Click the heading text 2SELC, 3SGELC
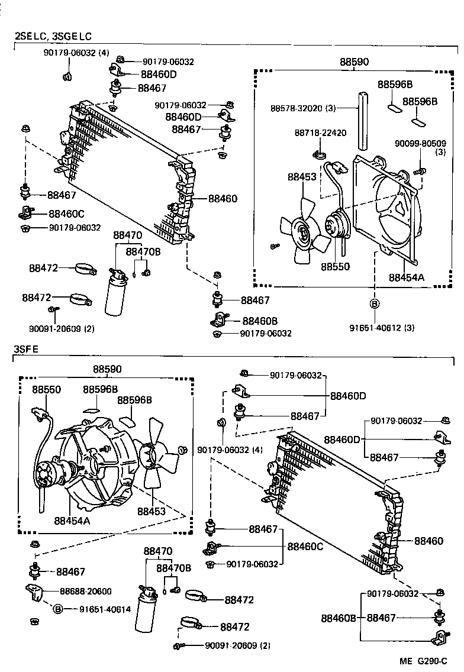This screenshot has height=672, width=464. (53, 37)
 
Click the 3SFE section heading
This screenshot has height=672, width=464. (26, 349)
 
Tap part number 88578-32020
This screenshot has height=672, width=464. (304, 108)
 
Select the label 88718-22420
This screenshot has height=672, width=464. (320, 133)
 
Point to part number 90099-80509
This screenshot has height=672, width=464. (420, 143)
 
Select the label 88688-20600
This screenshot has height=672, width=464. (85, 591)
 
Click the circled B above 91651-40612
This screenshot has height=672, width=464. (374, 304)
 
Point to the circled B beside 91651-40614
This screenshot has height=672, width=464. (58, 609)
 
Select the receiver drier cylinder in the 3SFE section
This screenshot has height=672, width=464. (146, 610)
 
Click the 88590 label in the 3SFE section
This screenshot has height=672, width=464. (107, 369)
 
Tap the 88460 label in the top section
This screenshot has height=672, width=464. (223, 198)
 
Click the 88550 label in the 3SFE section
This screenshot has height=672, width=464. (46, 390)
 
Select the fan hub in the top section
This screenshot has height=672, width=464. (303, 232)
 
